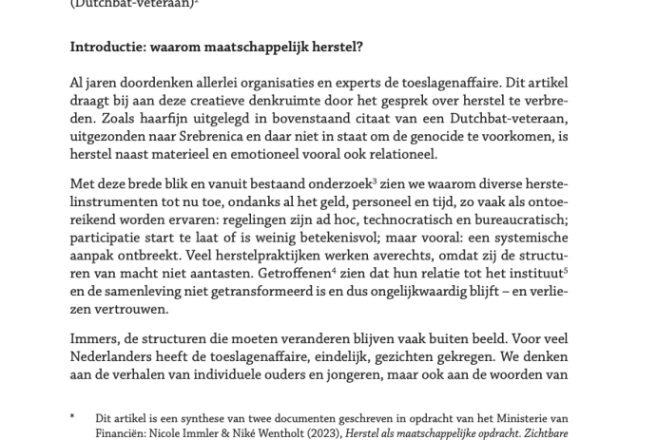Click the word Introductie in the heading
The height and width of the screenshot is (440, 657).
point(107,46)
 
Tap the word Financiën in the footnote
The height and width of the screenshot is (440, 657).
point(122,433)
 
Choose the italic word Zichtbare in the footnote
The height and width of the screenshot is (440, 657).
point(541,433)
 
